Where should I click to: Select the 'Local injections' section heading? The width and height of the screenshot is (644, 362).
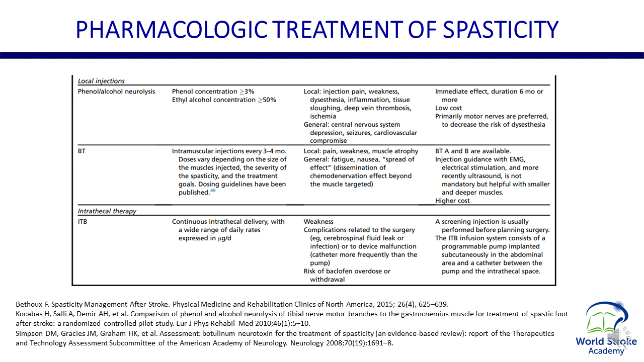(101, 81)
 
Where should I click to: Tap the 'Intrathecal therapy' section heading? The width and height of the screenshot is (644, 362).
(107, 211)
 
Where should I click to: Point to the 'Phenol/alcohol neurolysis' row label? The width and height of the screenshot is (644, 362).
(116, 92)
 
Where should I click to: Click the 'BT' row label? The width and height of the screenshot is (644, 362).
(82, 151)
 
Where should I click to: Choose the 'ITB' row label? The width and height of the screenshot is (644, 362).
(83, 221)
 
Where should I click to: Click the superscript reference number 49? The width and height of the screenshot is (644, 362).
(213, 191)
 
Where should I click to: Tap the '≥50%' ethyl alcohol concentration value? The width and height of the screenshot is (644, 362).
(267, 100)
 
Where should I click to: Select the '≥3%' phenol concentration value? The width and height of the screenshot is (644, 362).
(248, 92)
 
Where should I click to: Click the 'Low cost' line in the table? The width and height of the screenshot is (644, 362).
(448, 108)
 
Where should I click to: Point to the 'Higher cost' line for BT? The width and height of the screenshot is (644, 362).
(452, 201)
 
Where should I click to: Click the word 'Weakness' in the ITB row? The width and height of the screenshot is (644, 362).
(318, 221)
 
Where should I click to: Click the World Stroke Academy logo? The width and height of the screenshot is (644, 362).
(606, 327)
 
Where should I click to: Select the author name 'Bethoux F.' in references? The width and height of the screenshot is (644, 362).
(32, 304)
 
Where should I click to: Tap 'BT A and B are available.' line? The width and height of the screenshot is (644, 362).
(473, 151)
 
